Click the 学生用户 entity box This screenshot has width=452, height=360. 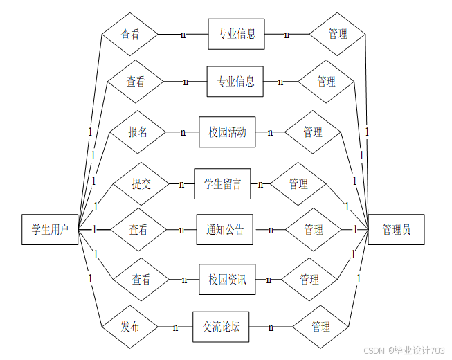coord(50,229)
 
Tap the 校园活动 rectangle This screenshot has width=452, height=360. coord(227,132)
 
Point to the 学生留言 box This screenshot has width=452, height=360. coord(222,183)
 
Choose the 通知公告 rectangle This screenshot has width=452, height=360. coord(225,230)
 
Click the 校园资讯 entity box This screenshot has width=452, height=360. coord(227,280)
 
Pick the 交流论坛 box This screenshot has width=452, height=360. coord(221,327)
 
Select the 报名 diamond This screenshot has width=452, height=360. coord(138,132)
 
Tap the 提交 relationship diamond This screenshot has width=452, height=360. coord(141,183)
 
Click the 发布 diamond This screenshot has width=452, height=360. coord(130,327)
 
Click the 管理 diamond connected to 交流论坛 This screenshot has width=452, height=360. coord(320,327)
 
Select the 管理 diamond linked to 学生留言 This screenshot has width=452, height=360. coord(298,184)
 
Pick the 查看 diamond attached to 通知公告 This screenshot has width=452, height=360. coord(138,230)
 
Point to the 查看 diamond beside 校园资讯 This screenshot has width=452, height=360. coord(141,280)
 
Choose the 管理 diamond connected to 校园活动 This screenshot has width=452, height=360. coord(313,132)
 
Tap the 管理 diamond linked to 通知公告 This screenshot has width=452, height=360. coord(314,230)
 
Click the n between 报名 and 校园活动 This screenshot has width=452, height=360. coord(183,132)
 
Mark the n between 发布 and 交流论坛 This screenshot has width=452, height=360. coord(176,327)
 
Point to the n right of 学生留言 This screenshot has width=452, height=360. coord(260,184)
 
